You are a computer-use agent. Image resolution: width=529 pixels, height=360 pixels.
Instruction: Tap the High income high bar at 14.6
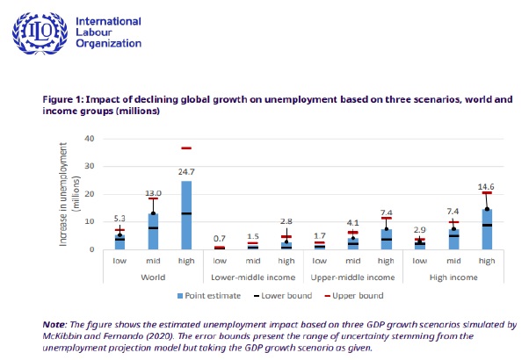pyautogui.click(x=487, y=229)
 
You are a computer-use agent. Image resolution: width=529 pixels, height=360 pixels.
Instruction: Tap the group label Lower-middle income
pyautogui.click(x=254, y=277)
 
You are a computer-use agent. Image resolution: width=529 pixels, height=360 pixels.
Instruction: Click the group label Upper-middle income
pyautogui.click(x=353, y=277)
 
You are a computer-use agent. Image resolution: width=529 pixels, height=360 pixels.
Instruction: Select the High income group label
pyautogui.click(x=453, y=277)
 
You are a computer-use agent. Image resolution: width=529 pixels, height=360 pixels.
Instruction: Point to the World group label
pyautogui.click(x=153, y=277)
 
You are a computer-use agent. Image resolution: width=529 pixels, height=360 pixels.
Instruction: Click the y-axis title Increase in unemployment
pyautogui.click(x=66, y=194)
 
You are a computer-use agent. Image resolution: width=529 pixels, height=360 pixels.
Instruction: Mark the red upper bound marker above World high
pyautogui.click(x=186, y=148)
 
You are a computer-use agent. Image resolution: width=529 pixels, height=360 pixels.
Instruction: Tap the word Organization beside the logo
pyautogui.click(x=109, y=43)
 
